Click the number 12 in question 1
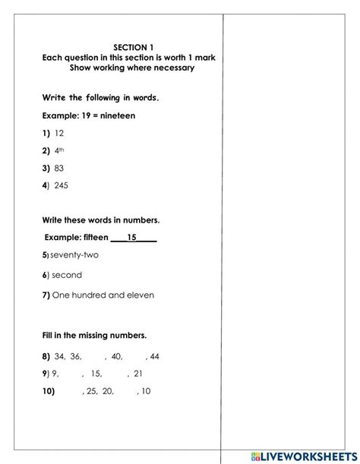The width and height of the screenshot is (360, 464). tap(60, 133)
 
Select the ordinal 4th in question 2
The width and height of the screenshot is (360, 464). tap(59, 150)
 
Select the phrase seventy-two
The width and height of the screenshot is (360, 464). tap(74, 255)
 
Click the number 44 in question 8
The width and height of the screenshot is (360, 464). tap(155, 356)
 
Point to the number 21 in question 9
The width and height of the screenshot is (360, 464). tap(137, 374)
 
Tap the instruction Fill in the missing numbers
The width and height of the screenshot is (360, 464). tap(94, 335)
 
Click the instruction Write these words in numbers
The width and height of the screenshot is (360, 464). tap(100, 220)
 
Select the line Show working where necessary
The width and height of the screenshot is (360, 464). tap(132, 68)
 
